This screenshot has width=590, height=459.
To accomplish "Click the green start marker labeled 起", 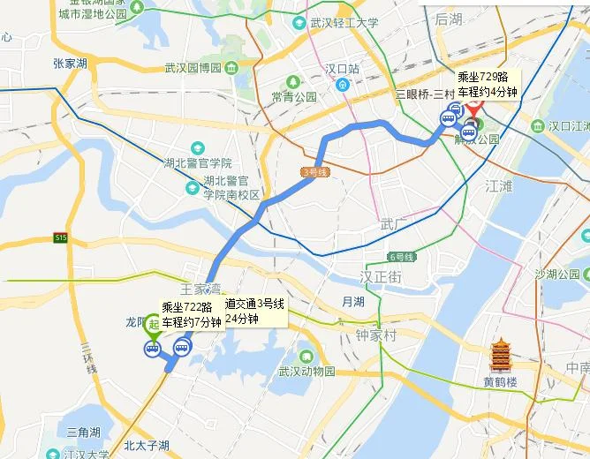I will (x=154, y=326).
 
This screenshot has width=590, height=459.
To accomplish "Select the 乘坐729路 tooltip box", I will (x=487, y=85).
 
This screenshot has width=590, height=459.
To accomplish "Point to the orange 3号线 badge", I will (x=315, y=172).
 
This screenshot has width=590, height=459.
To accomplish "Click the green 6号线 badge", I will (x=401, y=257).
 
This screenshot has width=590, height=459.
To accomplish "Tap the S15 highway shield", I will (x=60, y=237).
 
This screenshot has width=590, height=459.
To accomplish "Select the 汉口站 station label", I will (x=342, y=68).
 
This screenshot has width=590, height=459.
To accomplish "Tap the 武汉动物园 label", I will (x=306, y=372).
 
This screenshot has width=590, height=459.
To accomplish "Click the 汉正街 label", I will (x=381, y=277).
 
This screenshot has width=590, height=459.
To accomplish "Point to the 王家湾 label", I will (x=200, y=289).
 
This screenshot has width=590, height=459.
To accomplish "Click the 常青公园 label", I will (x=294, y=97).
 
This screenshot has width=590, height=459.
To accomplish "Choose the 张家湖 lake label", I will (x=70, y=64).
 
